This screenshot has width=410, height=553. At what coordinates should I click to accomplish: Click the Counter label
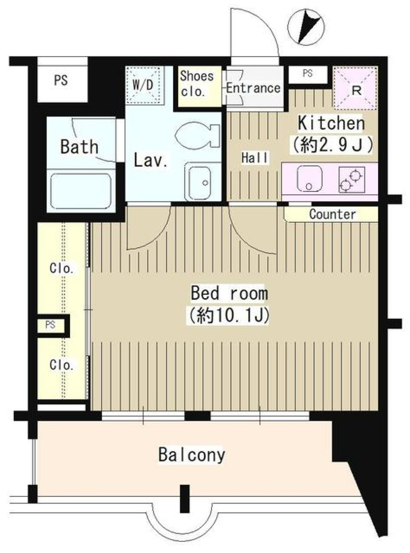(332, 214)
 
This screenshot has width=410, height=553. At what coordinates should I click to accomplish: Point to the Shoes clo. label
(196, 84)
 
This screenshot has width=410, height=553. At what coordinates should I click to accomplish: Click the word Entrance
(253, 88)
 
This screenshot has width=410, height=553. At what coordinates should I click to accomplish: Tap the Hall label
(255, 158)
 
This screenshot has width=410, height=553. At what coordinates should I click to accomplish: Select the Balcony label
(192, 455)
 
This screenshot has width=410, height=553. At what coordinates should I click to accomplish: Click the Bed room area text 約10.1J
(228, 316)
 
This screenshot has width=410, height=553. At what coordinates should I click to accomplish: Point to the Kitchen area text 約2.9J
(332, 145)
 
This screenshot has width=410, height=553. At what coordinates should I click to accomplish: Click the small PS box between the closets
(51, 325)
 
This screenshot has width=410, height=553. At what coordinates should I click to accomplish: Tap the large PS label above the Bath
(61, 80)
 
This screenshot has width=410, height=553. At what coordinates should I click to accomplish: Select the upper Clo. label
(61, 269)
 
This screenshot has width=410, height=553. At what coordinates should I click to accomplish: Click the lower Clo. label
(61, 365)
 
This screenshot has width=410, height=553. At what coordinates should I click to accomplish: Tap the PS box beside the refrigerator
(307, 74)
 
